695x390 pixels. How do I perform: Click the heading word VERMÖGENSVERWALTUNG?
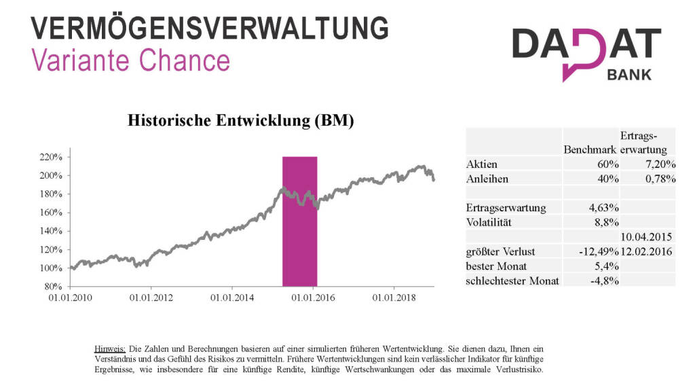tap(210, 29)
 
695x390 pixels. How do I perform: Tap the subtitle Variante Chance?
tap(131, 61)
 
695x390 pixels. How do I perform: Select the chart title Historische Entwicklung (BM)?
tap(241, 121)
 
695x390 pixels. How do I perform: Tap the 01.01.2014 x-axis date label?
tap(232, 298)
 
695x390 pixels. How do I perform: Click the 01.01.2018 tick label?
tap(393, 298)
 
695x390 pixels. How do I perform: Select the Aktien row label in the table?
tap(482, 164)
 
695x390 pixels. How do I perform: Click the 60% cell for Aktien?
tap(606, 164)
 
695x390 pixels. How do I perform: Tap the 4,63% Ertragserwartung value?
tap(604, 207)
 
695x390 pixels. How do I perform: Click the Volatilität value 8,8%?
tap(607, 221)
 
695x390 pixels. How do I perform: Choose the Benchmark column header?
tap(590, 149)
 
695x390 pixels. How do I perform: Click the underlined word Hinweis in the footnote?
tap(109, 349)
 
